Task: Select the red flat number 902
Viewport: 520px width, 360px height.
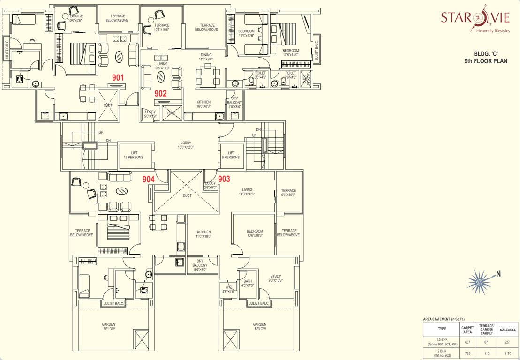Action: coord(161,93)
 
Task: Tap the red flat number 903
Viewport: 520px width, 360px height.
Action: coord(224,179)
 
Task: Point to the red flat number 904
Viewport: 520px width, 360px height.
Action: coord(149,179)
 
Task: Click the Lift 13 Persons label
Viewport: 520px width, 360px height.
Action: coord(134,155)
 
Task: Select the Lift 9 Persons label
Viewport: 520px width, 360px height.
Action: coord(231,155)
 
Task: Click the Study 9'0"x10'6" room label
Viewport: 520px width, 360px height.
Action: coord(276,278)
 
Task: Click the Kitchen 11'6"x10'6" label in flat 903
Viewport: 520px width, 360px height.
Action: coord(204,234)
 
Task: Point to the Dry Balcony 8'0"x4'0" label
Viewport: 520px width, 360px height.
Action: coord(200,265)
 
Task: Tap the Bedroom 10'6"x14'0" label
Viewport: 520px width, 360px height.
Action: coord(290,52)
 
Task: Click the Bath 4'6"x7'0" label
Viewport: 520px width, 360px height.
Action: coord(247,283)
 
